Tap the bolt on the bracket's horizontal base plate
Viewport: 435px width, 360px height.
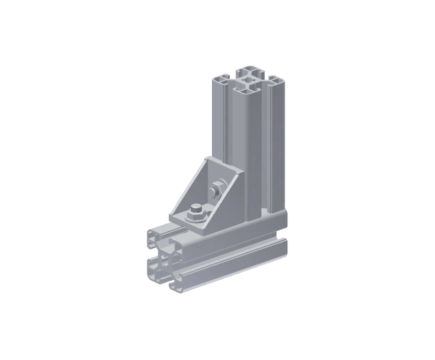[196, 210]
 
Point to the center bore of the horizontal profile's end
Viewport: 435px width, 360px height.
[163, 260]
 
